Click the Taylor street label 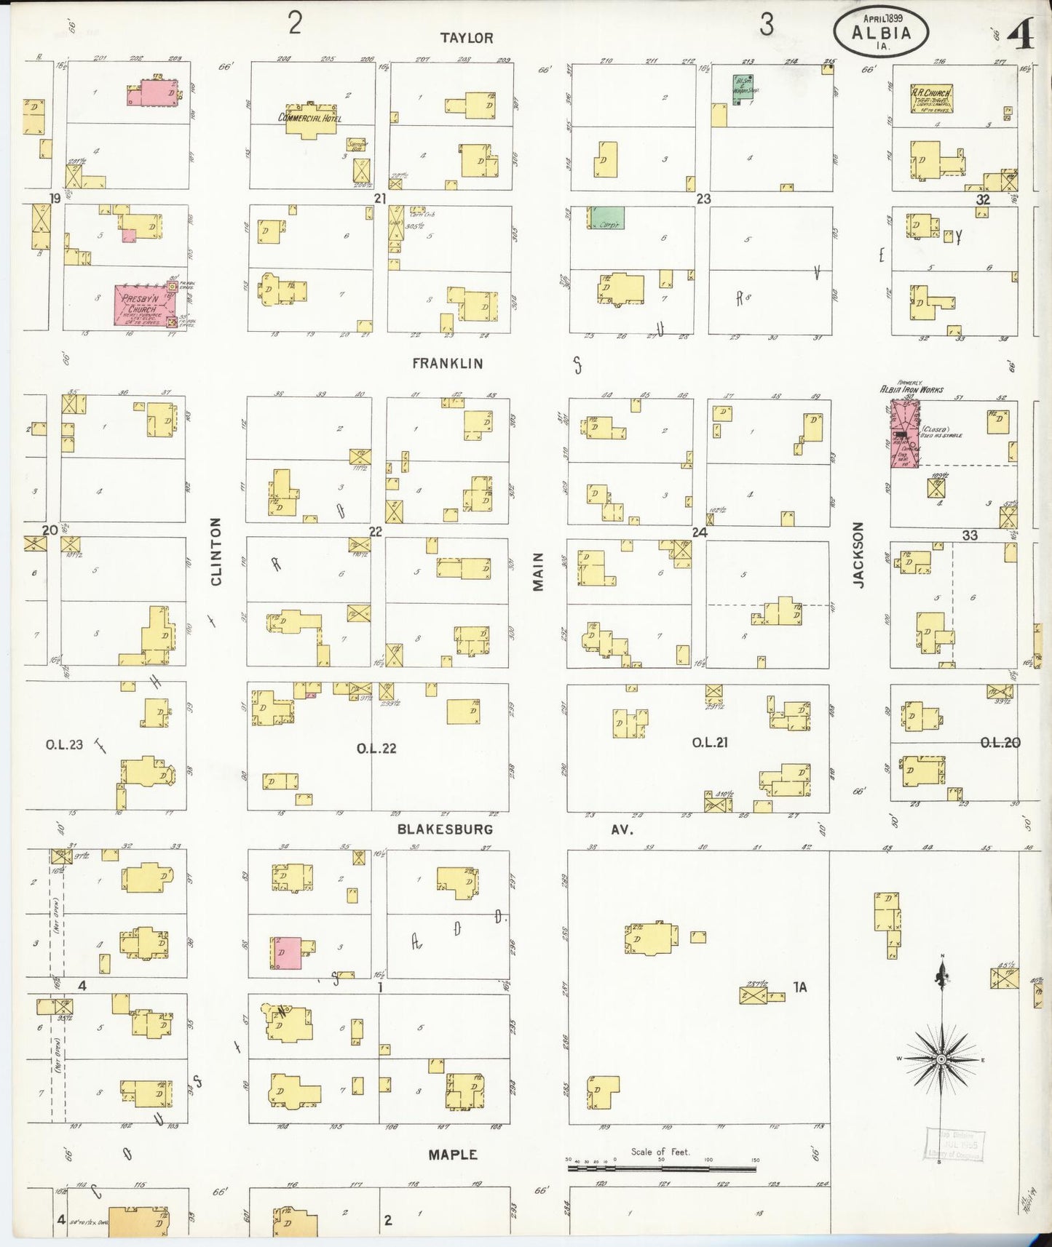(x=467, y=38)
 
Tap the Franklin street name (x=447, y=363)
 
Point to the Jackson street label (x=858, y=554)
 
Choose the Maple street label (x=452, y=1155)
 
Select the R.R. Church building (x=932, y=98)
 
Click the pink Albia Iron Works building (x=905, y=432)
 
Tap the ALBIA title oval (x=881, y=32)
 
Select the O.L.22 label (x=376, y=749)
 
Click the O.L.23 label (x=64, y=744)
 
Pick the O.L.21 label (x=709, y=743)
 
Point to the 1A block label (x=799, y=987)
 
